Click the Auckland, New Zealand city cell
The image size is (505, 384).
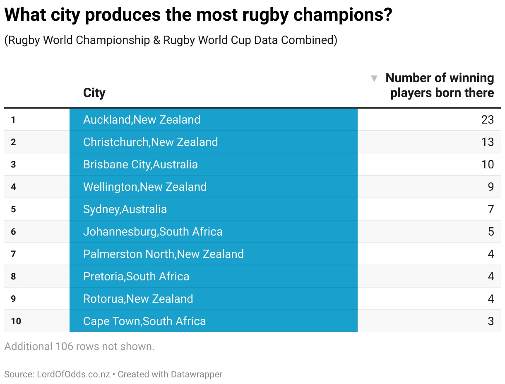[142, 120]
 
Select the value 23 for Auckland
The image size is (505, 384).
[487, 120]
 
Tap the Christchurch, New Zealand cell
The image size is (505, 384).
[150, 142]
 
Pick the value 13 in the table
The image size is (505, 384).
[487, 142]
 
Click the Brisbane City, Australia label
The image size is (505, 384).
[140, 165]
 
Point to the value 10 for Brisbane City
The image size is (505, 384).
[487, 165]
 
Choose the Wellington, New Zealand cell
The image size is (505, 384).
[145, 187]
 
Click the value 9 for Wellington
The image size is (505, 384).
[491, 187]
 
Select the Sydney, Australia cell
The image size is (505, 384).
[125, 209]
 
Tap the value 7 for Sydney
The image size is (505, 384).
[491, 209]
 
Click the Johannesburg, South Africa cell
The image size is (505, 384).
[153, 232]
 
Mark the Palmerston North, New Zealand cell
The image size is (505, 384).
[164, 254]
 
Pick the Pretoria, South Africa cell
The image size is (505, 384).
[136, 277]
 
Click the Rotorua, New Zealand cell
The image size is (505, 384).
[138, 299]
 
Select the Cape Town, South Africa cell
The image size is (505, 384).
[144, 321]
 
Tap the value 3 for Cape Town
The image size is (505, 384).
[491, 321]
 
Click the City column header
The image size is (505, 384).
[94, 92]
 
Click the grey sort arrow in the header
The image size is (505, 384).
[374, 78]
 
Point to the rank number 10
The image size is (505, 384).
[16, 321]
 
